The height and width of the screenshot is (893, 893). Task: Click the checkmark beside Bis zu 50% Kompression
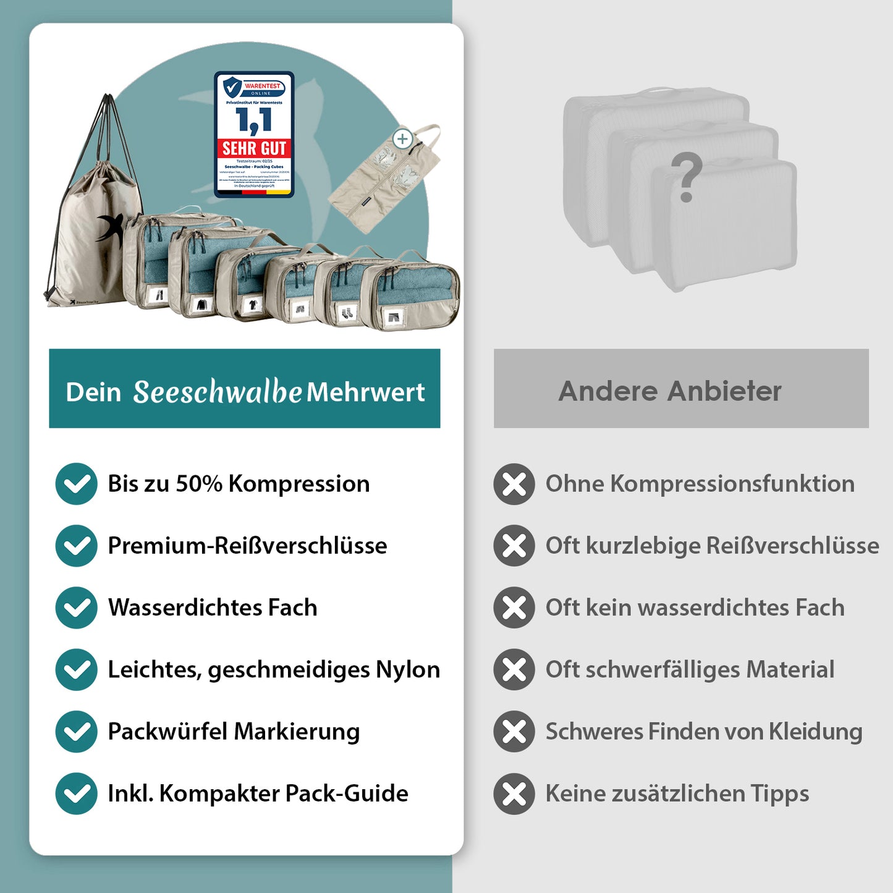tap(76, 484)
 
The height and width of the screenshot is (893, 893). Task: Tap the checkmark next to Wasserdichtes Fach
tap(76, 607)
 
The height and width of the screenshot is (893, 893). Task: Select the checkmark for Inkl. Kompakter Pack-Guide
tap(76, 794)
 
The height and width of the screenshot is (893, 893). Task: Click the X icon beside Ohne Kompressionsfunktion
tap(514, 484)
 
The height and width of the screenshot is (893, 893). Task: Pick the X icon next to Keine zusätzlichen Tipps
tap(514, 794)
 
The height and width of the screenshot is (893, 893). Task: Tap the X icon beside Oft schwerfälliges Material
tap(514, 669)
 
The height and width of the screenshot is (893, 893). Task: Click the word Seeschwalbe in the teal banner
tap(218, 392)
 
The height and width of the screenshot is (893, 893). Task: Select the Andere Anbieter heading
tap(670, 391)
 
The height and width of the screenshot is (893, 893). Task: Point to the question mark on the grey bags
tap(687, 178)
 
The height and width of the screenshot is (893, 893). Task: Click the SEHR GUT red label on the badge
tap(254, 148)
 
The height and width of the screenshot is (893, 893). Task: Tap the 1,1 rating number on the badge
tap(253, 121)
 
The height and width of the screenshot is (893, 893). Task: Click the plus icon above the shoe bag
tap(403, 139)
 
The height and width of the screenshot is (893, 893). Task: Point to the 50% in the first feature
tap(199, 484)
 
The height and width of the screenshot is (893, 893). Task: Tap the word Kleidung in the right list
tap(815, 732)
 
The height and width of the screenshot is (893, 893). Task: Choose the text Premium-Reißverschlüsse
tap(247, 546)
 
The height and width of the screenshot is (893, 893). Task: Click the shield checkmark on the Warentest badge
tap(232, 88)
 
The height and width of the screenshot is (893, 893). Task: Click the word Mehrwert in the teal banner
tap(366, 392)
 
